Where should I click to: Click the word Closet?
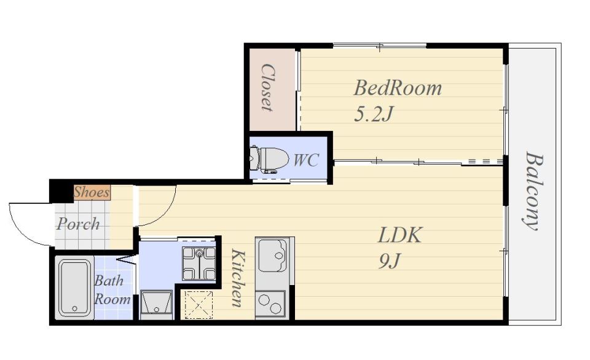click(267, 88)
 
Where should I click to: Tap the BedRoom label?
click(398, 88)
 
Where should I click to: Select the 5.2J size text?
click(373, 114)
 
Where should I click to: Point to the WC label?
click(306, 160)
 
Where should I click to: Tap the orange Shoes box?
click(92, 192)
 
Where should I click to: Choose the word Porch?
click(78, 224)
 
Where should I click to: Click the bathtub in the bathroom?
click(74, 288)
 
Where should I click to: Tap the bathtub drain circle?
click(74, 309)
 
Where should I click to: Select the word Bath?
click(109, 280)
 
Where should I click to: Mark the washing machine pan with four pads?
click(199, 264)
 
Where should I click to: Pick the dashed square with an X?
click(199, 305)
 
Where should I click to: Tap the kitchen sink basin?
click(272, 256)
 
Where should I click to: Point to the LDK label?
click(399, 235)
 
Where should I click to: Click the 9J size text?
click(389, 261)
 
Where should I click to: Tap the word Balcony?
click(533, 190)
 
